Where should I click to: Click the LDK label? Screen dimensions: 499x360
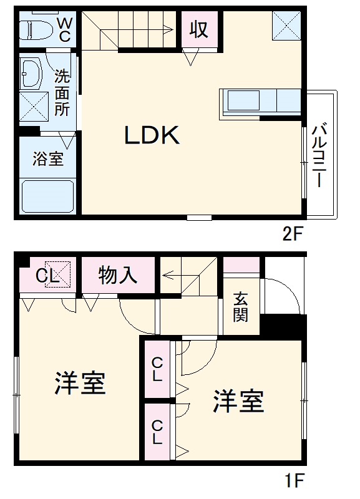click(152, 135)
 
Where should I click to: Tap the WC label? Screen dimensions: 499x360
click(64, 29)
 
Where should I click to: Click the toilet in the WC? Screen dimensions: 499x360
click(35, 29)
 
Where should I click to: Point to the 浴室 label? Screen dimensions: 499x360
click(48, 158)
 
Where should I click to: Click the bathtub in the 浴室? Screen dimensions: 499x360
click(47, 196)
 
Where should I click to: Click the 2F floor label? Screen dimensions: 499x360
click(291, 235)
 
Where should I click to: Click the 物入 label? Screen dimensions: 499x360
click(118, 275)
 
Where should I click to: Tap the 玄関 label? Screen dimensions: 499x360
click(241, 306)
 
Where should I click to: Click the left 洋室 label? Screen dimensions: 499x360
click(79, 384)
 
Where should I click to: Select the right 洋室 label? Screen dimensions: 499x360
click(239, 401)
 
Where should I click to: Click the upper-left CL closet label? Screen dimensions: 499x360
click(46, 275)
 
